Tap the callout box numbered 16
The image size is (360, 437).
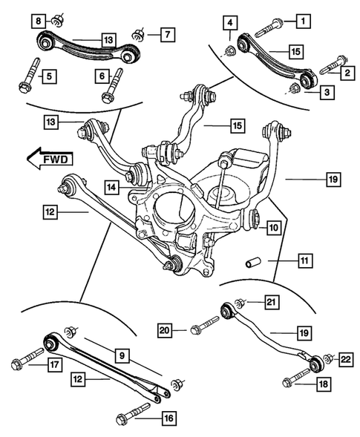tap(168, 418)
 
